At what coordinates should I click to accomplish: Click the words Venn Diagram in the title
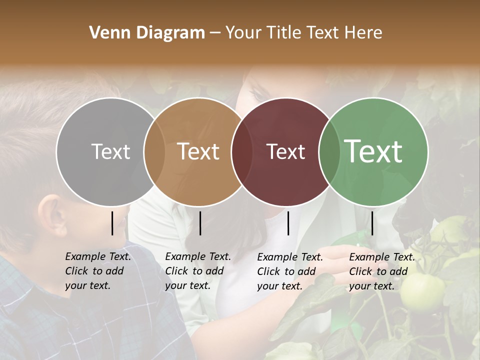pos(147,33)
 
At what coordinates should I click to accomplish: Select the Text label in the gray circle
pos(110,151)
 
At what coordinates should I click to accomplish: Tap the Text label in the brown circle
pos(198,151)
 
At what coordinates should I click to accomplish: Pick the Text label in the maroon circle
pos(285,151)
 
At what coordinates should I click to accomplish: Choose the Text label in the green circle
pos(373,151)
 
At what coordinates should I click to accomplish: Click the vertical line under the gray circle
pos(112,223)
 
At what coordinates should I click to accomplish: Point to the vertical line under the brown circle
pos(200,223)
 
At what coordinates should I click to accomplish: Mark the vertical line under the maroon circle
pos(288,223)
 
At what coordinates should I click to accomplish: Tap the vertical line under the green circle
pos(372,223)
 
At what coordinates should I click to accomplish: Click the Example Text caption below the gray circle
pos(97,271)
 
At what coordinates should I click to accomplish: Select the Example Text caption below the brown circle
pos(197,271)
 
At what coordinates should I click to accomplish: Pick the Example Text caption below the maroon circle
pos(289,271)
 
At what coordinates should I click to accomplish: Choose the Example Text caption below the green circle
pos(381,271)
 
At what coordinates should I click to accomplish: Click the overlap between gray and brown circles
pos(154,151)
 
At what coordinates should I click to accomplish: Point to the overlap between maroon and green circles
pos(329,151)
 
